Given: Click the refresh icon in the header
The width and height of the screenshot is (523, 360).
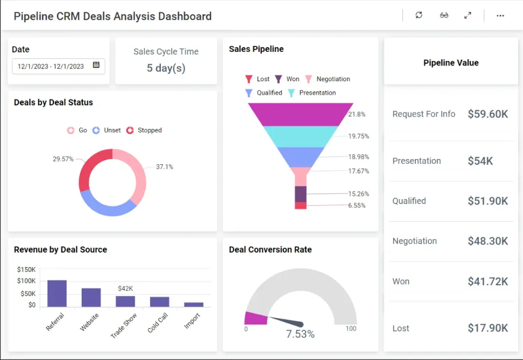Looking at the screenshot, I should click(418, 15).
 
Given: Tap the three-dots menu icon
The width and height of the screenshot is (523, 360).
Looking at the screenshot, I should click(500, 16).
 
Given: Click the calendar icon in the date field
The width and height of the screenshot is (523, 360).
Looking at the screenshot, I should click(96, 66).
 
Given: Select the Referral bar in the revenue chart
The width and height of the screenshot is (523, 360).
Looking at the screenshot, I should click(57, 293).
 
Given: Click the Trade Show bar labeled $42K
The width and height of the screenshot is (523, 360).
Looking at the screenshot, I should click(125, 301).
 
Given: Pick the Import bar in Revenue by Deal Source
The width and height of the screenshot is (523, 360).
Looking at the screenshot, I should click(194, 304).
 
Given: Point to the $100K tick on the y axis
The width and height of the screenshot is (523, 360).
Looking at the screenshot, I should click(26, 281).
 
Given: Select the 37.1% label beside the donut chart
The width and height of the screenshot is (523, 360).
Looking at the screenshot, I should click(164, 167).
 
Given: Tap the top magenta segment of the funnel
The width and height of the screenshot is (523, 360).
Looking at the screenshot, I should click(301, 114).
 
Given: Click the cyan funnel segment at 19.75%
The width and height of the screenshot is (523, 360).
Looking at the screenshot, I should click(301, 136).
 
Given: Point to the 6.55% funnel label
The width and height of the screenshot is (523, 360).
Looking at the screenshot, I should click(357, 205).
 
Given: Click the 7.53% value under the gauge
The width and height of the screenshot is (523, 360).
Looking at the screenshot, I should click(300, 334).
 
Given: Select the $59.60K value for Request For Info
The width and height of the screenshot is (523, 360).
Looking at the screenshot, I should click(487, 114).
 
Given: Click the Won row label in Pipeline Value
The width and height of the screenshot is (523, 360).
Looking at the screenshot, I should click(401, 281).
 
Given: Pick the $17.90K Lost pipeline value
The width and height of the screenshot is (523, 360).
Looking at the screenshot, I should click(487, 328).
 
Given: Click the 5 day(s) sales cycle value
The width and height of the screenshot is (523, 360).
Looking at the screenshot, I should click(166, 68).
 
